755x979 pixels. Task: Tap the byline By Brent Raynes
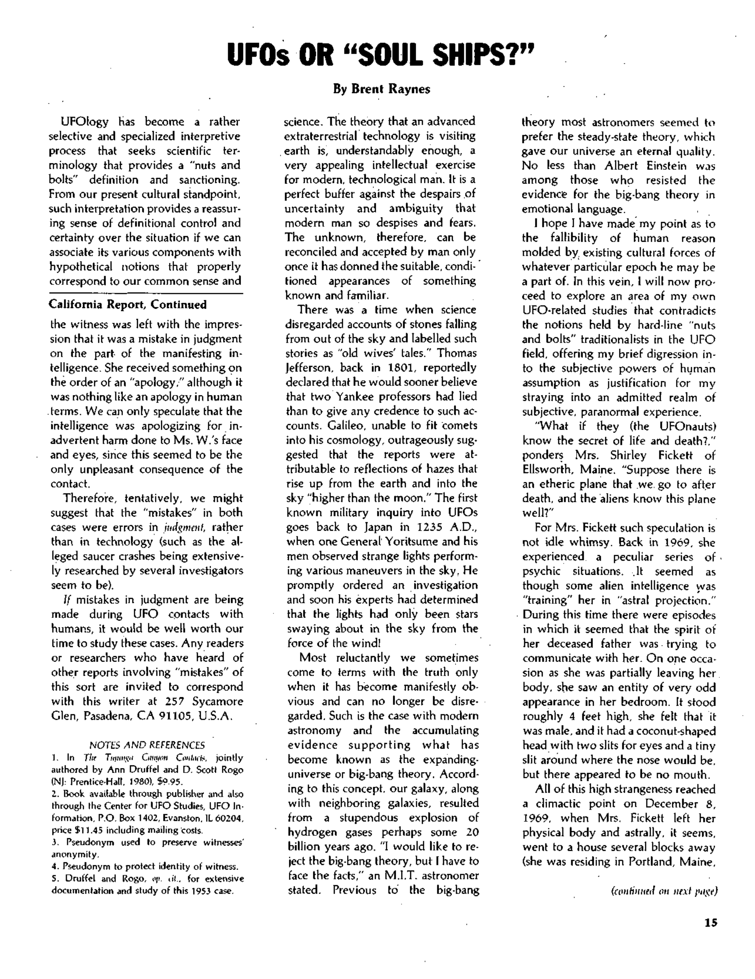(381, 89)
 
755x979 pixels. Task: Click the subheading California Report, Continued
(127, 305)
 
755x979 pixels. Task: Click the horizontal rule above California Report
(146, 294)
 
